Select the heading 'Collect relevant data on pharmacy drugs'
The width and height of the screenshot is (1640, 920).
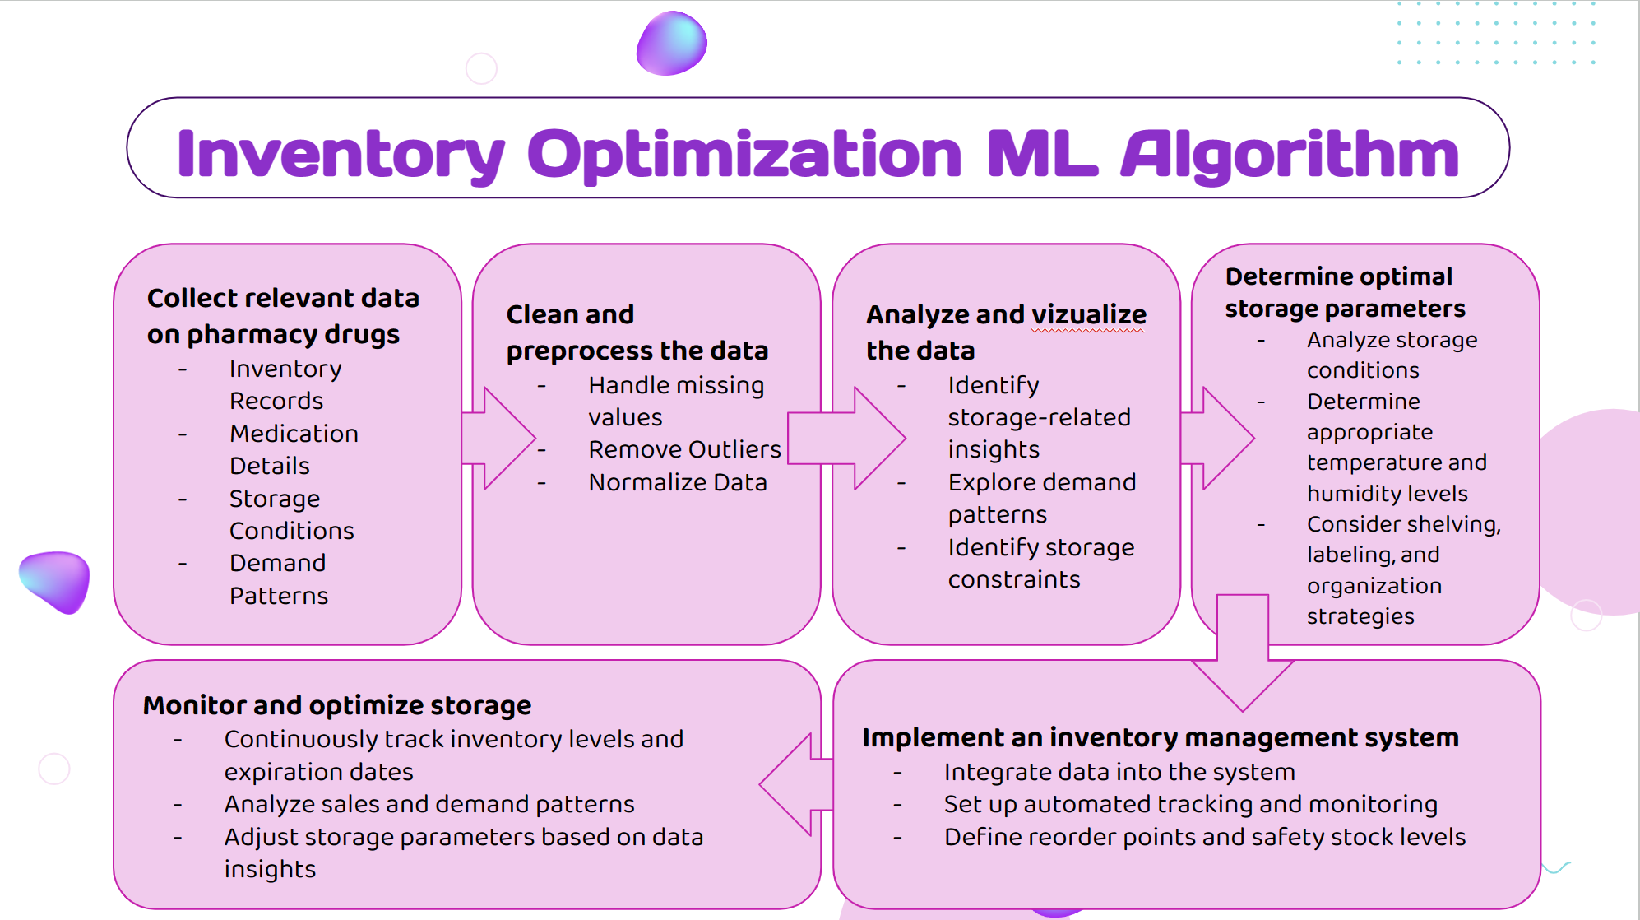pyautogui.click(x=283, y=316)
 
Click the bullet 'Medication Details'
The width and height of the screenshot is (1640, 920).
pyautogui.click(x=294, y=449)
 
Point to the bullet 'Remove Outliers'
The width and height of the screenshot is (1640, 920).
pyautogui.click(x=684, y=449)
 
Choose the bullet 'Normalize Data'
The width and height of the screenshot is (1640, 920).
pyautogui.click(x=678, y=482)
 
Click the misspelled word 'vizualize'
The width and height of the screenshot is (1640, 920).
pyautogui.click(x=1088, y=314)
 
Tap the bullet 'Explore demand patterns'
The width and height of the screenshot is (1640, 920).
pyautogui.click(x=1041, y=498)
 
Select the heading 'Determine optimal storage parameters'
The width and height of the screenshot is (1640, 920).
pyautogui.click(x=1345, y=292)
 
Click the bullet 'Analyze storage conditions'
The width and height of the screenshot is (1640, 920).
pyautogui.click(x=1392, y=355)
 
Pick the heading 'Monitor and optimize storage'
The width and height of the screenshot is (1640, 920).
pyautogui.click(x=337, y=705)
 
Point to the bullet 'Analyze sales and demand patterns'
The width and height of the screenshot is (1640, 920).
pyautogui.click(x=429, y=804)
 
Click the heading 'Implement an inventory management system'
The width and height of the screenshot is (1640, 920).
pyautogui.click(x=1161, y=737)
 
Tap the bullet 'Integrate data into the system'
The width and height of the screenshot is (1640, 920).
pyautogui.click(x=1119, y=772)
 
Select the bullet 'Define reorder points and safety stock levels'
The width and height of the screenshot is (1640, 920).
pyautogui.click(x=1205, y=837)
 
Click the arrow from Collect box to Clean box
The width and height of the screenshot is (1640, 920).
pyautogui.click(x=498, y=439)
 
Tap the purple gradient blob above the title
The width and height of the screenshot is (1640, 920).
pyautogui.click(x=672, y=44)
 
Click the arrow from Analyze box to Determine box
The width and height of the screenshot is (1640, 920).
pyautogui.click(x=1216, y=439)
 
